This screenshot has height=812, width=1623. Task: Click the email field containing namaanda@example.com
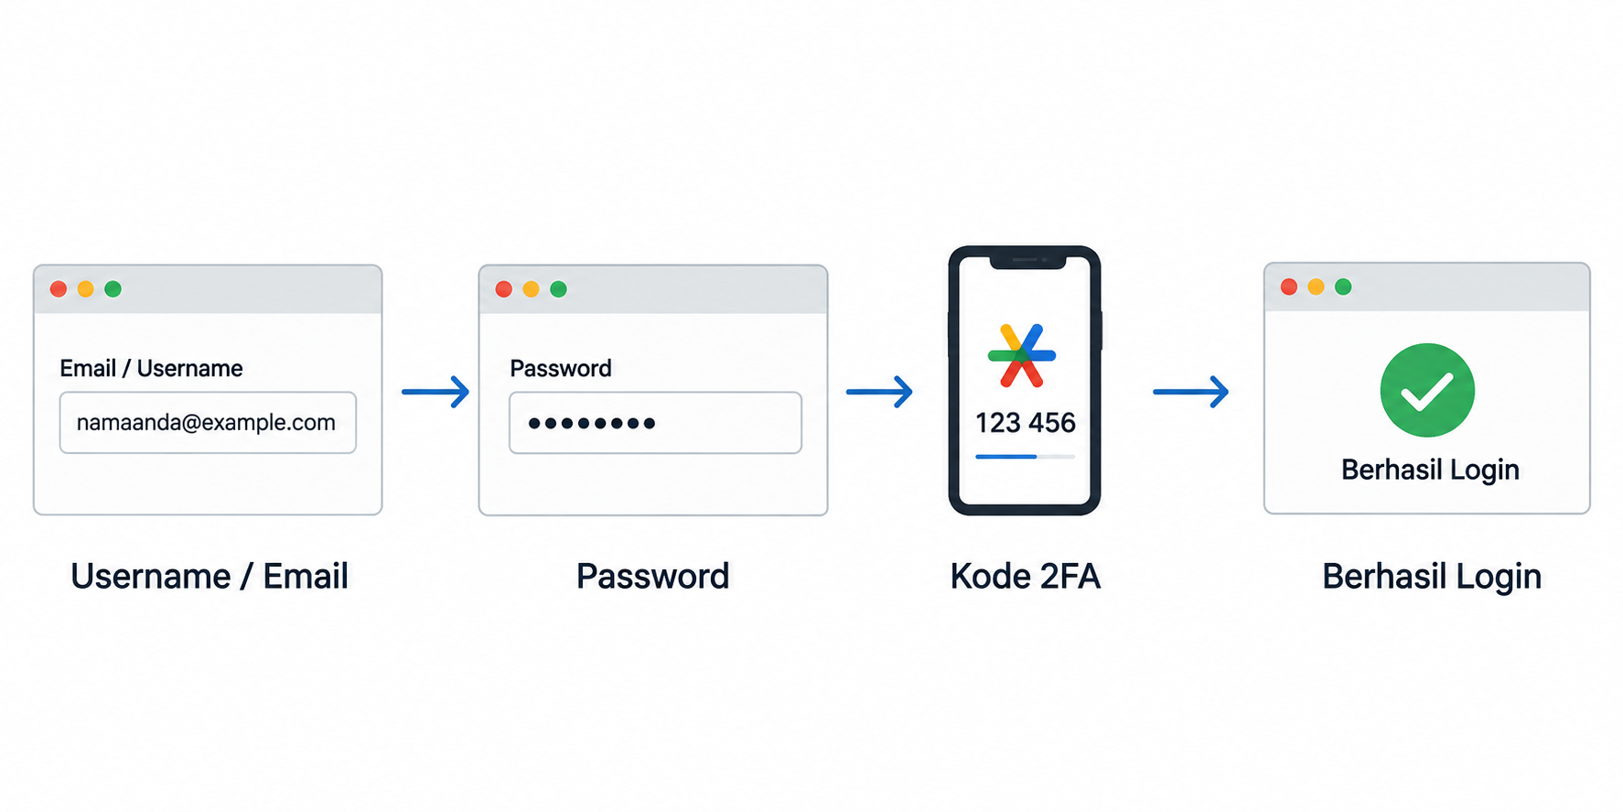point(208,422)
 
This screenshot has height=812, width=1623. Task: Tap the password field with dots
point(655,423)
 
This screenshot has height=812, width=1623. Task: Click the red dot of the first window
point(59,289)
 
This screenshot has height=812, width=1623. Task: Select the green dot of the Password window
point(558,289)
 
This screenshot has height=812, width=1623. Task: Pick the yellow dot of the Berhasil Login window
point(1316,287)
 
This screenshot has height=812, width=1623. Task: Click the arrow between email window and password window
point(435,392)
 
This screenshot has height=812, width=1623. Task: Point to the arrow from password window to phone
point(879,392)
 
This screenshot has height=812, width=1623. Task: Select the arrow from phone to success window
point(1190,392)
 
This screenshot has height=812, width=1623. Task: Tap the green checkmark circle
point(1427,390)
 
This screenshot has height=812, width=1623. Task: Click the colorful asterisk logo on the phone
point(1022,355)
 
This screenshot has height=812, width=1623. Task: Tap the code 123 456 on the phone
point(1025,423)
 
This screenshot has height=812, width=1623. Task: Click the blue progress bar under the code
point(1006,456)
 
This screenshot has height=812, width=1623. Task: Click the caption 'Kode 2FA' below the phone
point(1025,577)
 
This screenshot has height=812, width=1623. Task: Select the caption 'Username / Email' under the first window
point(210,577)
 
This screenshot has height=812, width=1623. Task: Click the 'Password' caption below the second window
point(652,577)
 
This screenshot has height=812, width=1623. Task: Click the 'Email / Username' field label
point(151,368)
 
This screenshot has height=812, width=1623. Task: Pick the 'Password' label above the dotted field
point(560,368)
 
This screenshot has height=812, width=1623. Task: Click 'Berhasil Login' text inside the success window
point(1430,471)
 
